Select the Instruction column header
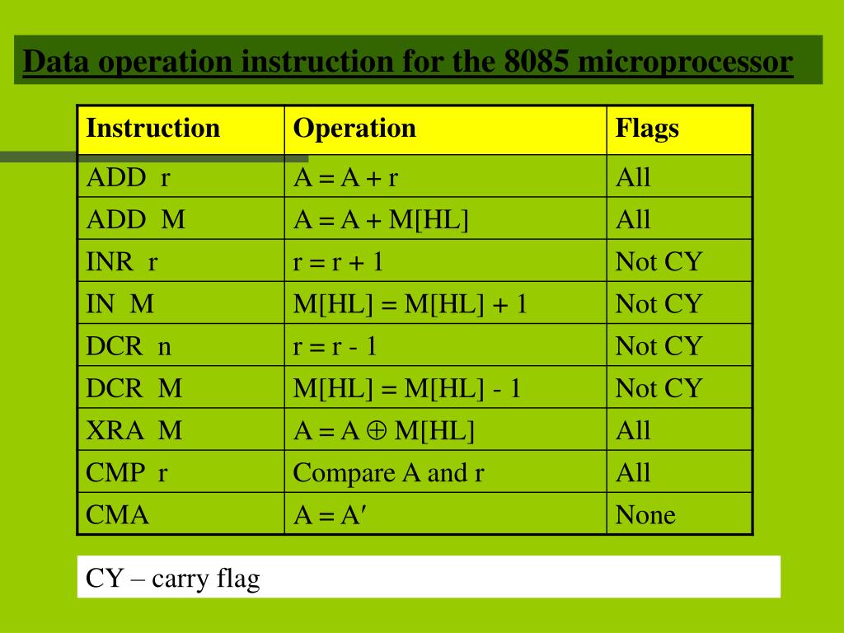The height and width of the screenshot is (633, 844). [153, 129]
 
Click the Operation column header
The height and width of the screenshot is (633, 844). [355, 129]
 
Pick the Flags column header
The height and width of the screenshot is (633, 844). [647, 129]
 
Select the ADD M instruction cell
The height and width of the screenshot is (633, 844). [136, 219]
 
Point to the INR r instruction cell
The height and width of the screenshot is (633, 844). [122, 262]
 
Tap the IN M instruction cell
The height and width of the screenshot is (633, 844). [120, 304]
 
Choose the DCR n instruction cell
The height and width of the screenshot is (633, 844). [129, 346]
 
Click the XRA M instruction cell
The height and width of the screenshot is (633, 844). [134, 430]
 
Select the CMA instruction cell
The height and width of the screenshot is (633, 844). [118, 515]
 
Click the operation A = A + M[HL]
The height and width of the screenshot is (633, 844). [381, 219]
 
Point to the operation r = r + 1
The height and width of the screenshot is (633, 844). [339, 262]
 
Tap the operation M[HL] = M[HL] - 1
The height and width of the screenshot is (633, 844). [407, 388]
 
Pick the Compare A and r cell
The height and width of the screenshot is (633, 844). [388, 473]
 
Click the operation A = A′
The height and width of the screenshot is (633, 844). [330, 515]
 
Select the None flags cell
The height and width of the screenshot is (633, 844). [645, 515]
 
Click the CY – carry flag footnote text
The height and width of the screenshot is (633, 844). [173, 579]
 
